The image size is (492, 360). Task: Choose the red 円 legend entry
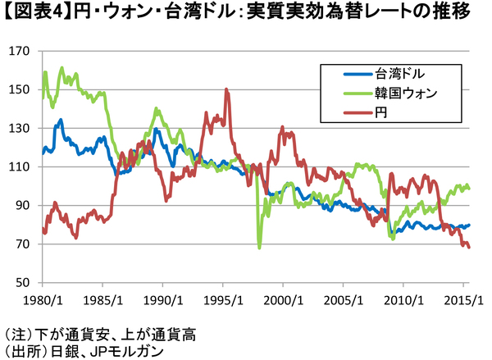[x=380, y=112]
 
